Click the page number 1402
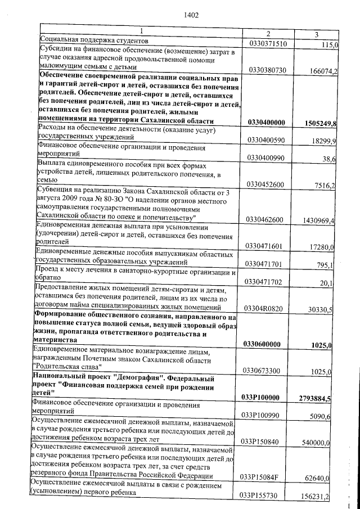pos(191,15)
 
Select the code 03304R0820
pos(268,308)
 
